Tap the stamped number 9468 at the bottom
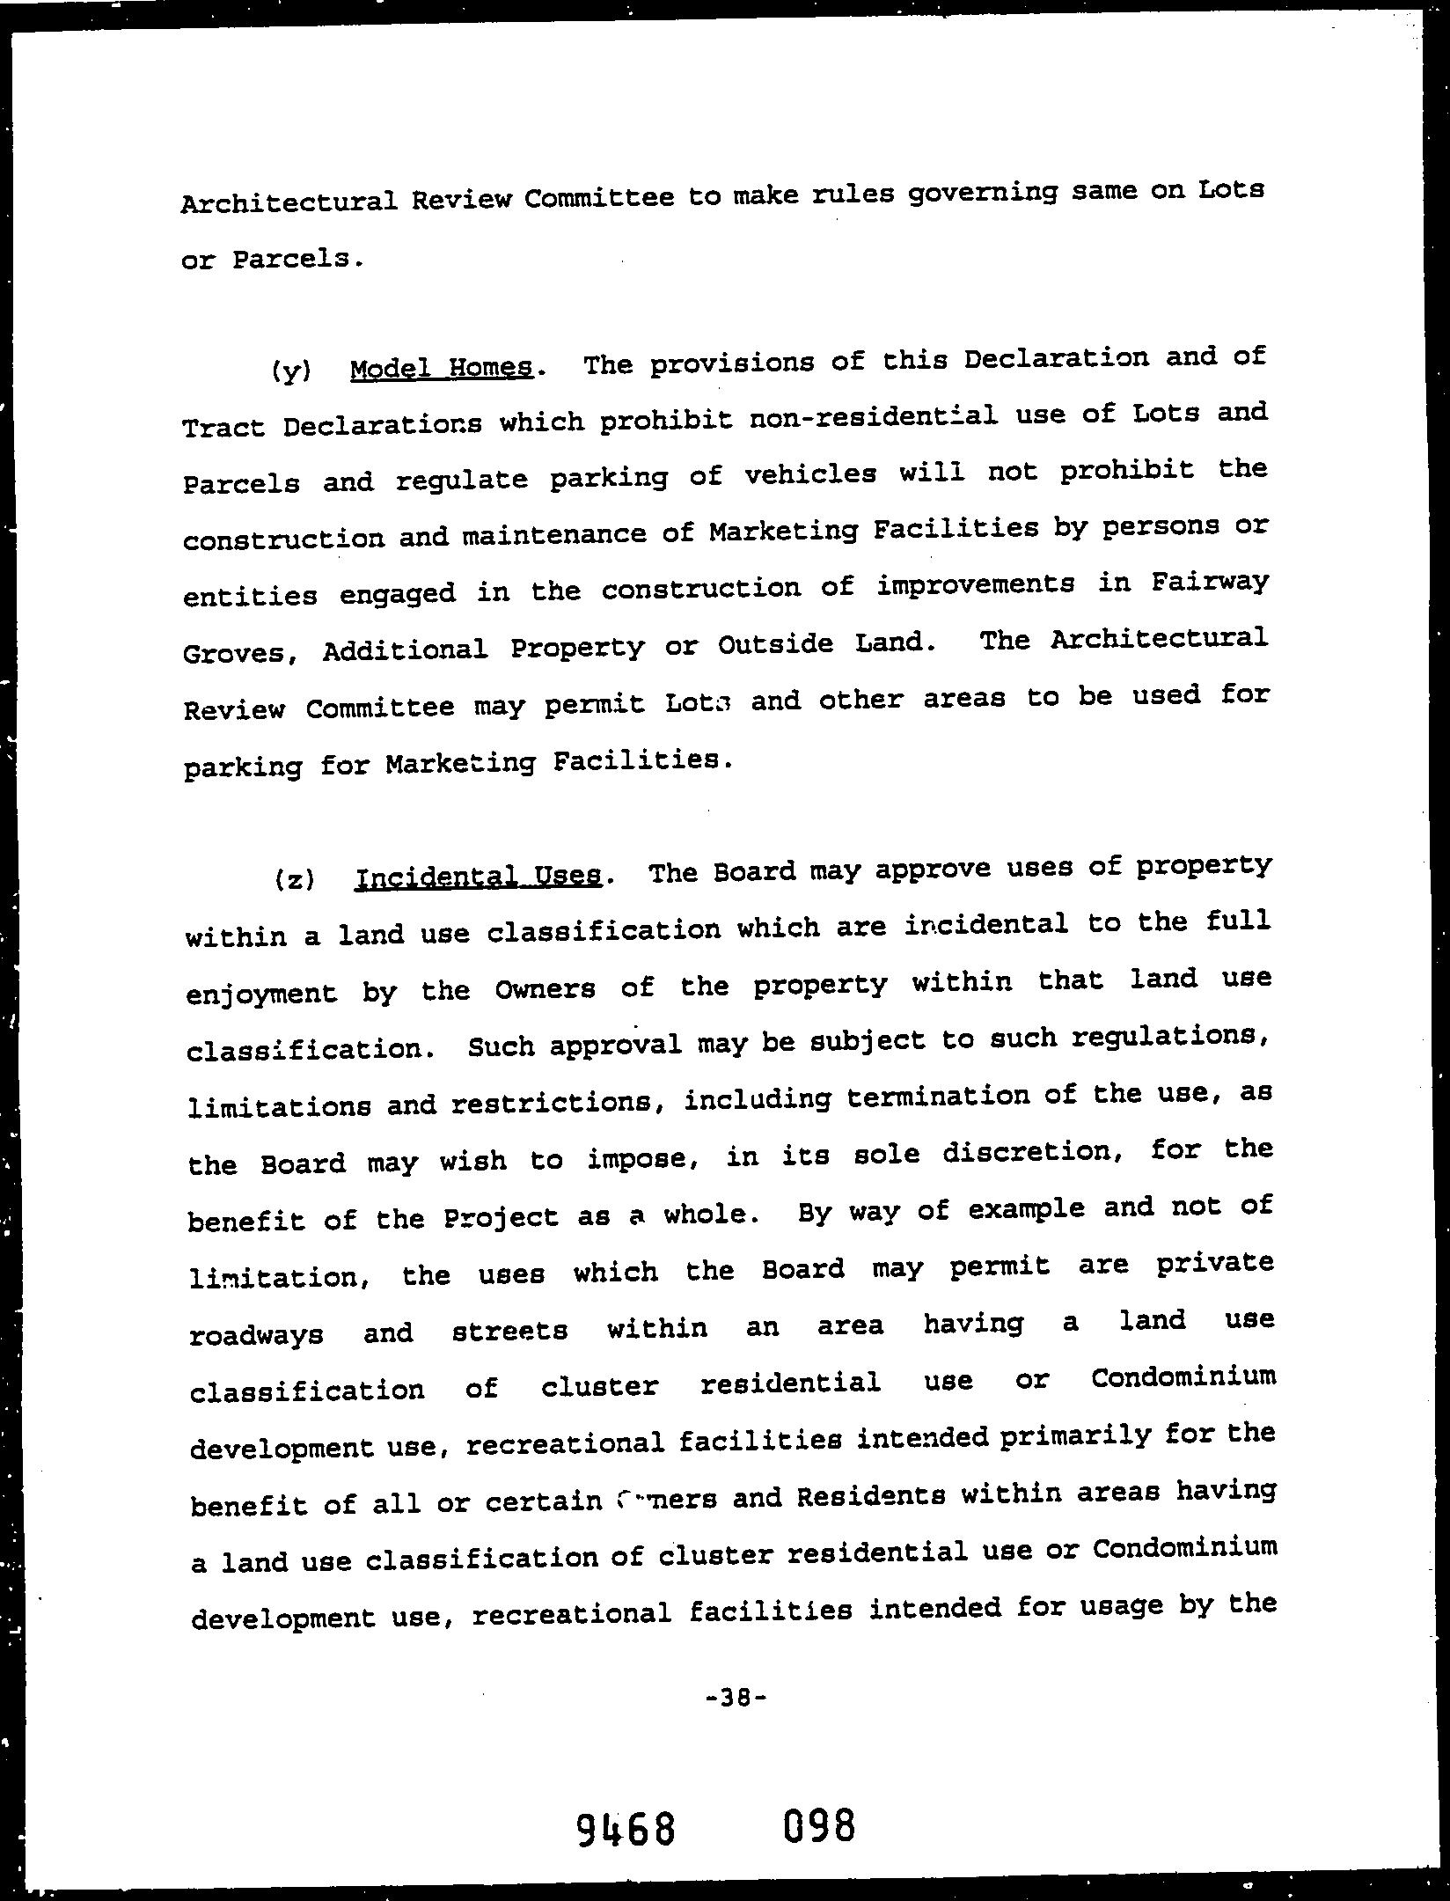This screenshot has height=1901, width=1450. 626,1828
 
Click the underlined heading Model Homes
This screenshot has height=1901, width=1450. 441,368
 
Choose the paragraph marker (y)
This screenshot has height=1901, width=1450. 291,371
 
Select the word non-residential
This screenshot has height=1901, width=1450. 873,416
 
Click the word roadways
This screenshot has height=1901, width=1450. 256,1334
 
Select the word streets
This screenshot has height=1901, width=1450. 509,1330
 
